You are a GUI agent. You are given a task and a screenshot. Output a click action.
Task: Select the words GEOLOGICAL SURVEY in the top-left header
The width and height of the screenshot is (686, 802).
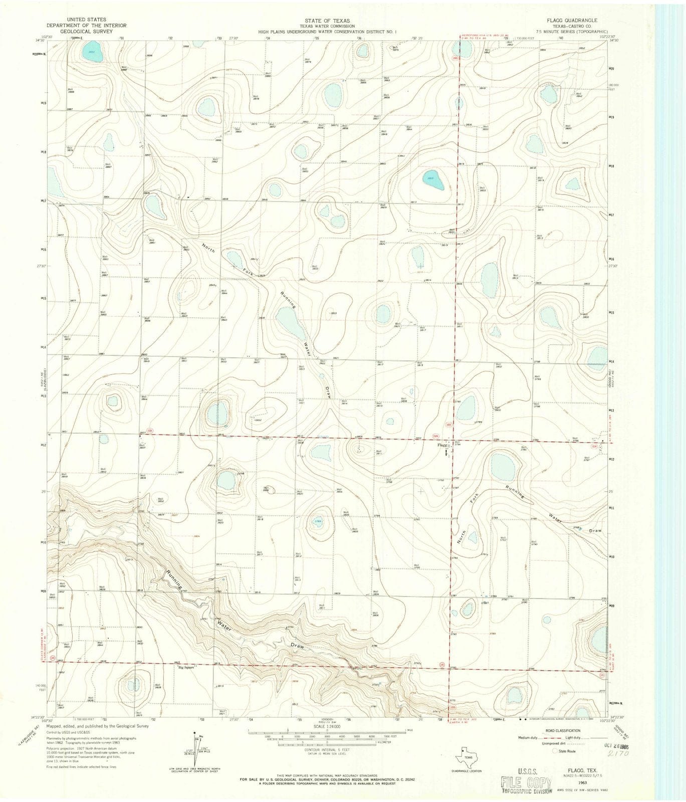(86, 31)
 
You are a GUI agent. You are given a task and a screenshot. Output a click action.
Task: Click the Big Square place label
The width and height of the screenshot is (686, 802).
(186, 667)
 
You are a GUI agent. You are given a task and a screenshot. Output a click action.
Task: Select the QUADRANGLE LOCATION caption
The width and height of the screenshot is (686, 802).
(466, 770)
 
